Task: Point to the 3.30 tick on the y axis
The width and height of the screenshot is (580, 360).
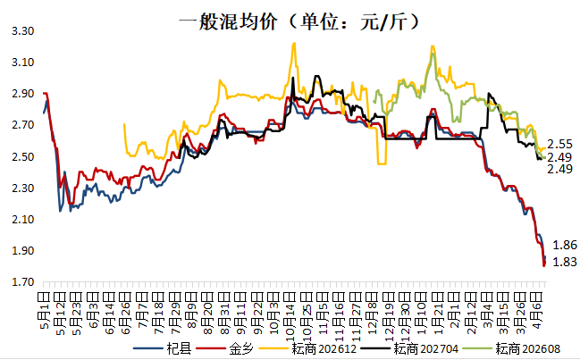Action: [21, 31]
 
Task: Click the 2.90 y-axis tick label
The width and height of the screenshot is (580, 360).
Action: [21, 94]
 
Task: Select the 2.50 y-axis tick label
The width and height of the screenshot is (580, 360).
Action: [21, 157]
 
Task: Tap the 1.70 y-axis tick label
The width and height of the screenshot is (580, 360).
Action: [21, 283]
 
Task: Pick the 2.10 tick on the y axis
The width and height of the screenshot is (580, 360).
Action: [21, 220]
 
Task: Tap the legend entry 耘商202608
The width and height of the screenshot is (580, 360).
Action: [524, 347]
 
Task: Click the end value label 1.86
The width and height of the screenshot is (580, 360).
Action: [564, 245]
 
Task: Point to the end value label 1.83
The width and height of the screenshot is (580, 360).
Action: [564, 261]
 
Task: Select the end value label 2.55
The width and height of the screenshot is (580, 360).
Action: [559, 144]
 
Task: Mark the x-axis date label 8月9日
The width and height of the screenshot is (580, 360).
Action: [191, 303]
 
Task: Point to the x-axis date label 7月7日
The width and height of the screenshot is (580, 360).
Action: [142, 303]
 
